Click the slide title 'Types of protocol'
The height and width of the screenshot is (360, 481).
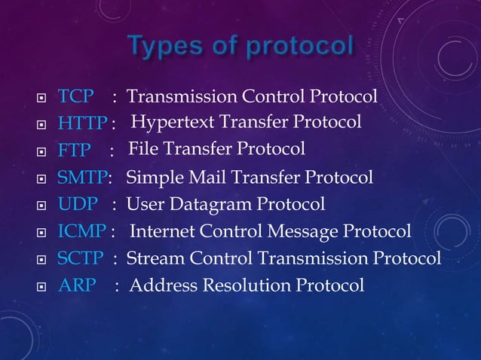240,46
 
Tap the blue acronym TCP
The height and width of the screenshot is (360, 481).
76,96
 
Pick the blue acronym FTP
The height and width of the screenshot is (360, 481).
75,150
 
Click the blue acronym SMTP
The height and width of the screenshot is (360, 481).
82,178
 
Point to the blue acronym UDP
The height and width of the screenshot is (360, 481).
77,204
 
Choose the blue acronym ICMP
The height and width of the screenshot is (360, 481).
82,231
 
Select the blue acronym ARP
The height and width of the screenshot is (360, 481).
76,286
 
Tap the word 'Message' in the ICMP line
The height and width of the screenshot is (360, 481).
308,231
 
